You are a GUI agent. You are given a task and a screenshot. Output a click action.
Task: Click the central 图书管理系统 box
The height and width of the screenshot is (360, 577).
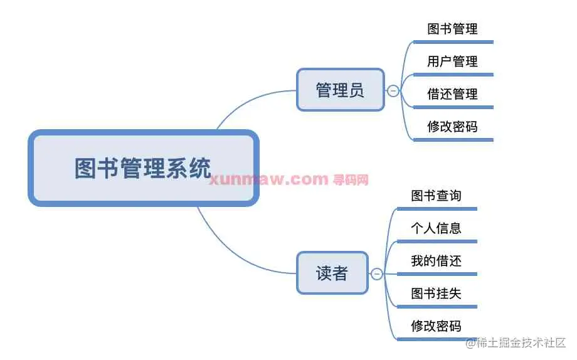click(x=143, y=168)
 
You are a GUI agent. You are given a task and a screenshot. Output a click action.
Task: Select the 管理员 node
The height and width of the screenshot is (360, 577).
click(x=340, y=90)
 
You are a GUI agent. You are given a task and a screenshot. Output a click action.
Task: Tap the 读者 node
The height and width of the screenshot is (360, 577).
click(x=331, y=273)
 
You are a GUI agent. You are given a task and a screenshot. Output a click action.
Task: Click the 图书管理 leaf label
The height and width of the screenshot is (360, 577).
click(x=452, y=29)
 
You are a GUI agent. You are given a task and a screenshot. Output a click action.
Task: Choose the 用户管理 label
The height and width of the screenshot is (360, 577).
click(x=452, y=61)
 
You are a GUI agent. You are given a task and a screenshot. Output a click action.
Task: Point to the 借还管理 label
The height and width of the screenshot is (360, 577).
click(x=452, y=94)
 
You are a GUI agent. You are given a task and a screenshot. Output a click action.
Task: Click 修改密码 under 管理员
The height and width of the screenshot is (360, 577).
click(x=452, y=127)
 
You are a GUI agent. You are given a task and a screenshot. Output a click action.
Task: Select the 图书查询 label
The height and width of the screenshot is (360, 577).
click(x=436, y=196)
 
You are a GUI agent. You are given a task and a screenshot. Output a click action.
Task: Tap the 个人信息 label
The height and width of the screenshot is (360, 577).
click(x=436, y=228)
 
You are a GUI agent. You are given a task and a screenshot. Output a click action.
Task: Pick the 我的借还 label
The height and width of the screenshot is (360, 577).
click(x=436, y=261)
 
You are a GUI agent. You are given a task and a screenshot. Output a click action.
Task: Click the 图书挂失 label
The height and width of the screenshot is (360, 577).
click(x=436, y=294)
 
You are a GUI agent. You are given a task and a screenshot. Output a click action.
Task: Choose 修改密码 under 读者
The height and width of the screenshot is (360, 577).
click(x=436, y=326)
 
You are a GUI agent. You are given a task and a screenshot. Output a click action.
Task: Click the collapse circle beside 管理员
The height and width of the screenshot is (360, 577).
click(x=393, y=91)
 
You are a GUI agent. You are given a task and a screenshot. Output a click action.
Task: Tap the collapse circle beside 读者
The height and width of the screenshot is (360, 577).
click(x=377, y=274)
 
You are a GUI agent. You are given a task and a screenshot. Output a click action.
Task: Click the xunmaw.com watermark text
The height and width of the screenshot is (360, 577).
click(x=268, y=180)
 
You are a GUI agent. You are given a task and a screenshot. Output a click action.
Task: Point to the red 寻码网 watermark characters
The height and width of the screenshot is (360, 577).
click(x=351, y=180)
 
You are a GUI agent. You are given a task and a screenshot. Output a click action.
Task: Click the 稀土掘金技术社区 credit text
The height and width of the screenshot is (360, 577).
click(x=521, y=343)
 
